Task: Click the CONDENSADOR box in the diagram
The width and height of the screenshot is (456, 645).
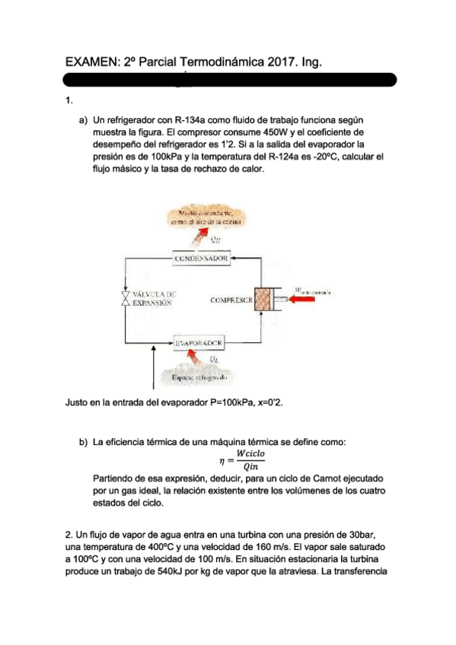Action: coord(201,259)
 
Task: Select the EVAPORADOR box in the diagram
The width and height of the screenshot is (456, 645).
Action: coord(199,342)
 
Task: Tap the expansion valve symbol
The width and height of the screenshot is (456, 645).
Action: coord(126,298)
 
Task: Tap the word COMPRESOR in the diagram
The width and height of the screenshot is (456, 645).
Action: coord(231,300)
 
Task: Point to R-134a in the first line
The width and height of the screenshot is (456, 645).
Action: coord(190,119)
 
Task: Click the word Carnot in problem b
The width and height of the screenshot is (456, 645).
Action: coord(329,479)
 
